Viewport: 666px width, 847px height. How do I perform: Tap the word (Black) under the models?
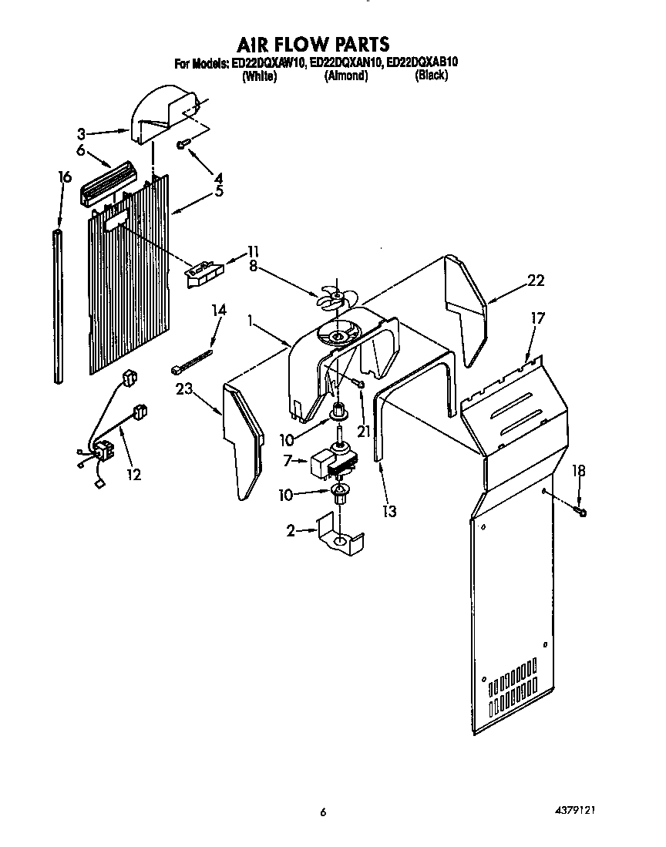point(431,76)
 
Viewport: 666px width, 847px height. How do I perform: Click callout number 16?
point(65,177)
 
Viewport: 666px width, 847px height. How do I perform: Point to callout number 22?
point(536,281)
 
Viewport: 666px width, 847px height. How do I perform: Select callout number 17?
point(537,316)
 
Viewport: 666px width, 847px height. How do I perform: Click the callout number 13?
point(391,510)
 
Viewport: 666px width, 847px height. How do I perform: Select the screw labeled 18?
point(580,511)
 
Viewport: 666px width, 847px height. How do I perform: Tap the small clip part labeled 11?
point(203,273)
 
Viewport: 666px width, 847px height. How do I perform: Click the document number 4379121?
point(576,811)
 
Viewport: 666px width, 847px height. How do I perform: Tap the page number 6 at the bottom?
point(324,812)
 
